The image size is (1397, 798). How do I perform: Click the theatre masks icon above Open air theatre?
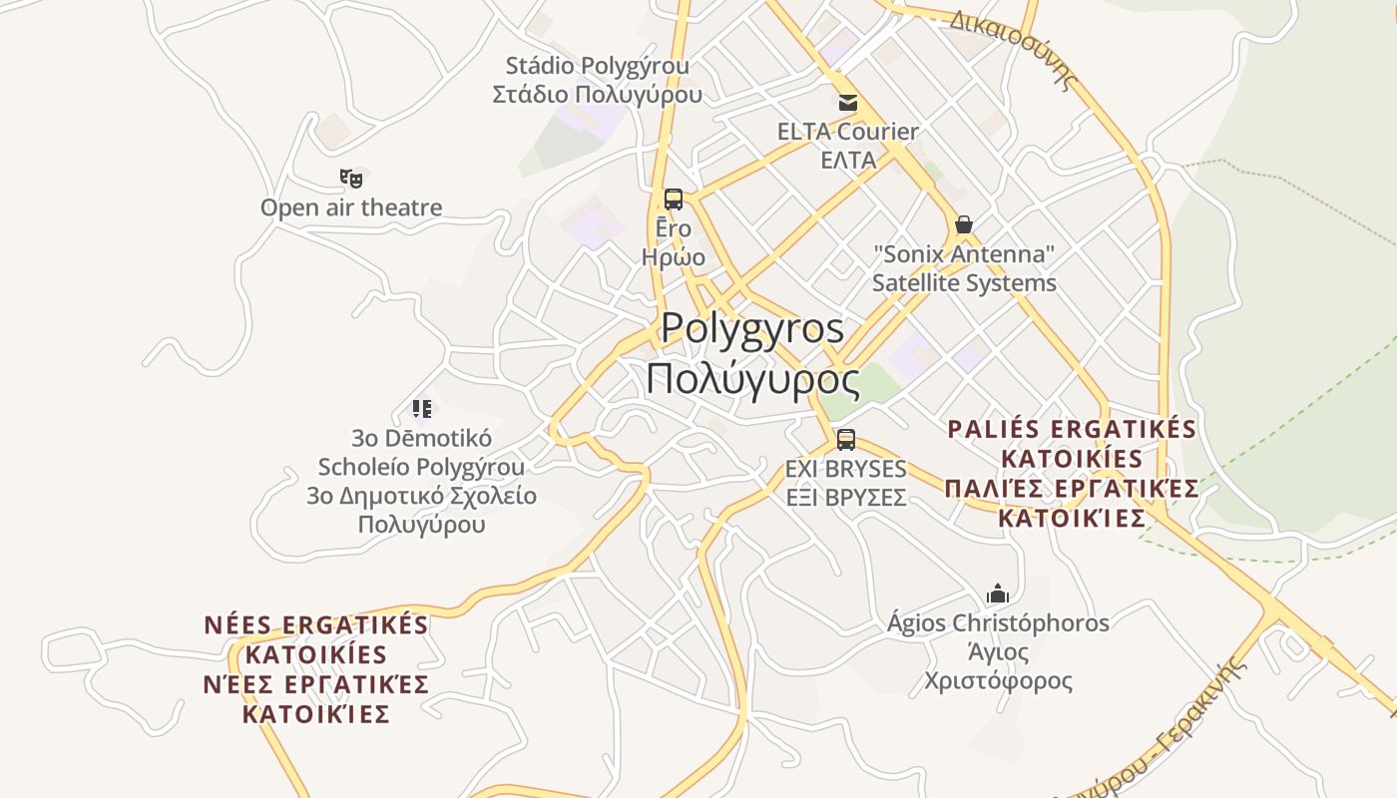click(x=350, y=179)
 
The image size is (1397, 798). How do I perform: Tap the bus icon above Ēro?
click(x=674, y=199)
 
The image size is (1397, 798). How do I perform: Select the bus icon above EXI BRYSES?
click(x=846, y=439)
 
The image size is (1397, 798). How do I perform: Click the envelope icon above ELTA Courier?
click(x=848, y=102)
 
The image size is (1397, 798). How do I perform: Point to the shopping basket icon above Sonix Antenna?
click(x=964, y=224)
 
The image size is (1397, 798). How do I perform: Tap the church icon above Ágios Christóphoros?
click(x=998, y=594)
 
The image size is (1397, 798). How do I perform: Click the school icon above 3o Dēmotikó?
click(x=422, y=408)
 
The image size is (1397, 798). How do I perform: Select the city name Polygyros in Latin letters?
click(x=752, y=328)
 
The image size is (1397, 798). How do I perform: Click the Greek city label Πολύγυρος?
click(x=752, y=379)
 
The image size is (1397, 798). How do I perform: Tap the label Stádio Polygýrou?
click(x=597, y=66)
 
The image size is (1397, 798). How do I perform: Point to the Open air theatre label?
click(x=351, y=207)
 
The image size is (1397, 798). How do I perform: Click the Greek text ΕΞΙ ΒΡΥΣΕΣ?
click(x=846, y=497)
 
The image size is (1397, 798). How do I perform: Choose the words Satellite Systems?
click(x=964, y=283)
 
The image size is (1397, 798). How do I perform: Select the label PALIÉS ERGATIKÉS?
click(x=1072, y=429)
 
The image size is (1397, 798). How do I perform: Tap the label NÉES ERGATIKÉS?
click(x=316, y=625)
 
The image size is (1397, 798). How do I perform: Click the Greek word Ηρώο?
click(x=674, y=257)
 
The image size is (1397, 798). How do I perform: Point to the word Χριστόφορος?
click(x=998, y=681)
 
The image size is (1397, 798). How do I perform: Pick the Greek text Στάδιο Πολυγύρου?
click(x=597, y=95)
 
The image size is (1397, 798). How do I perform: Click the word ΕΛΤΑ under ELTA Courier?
click(x=848, y=160)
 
